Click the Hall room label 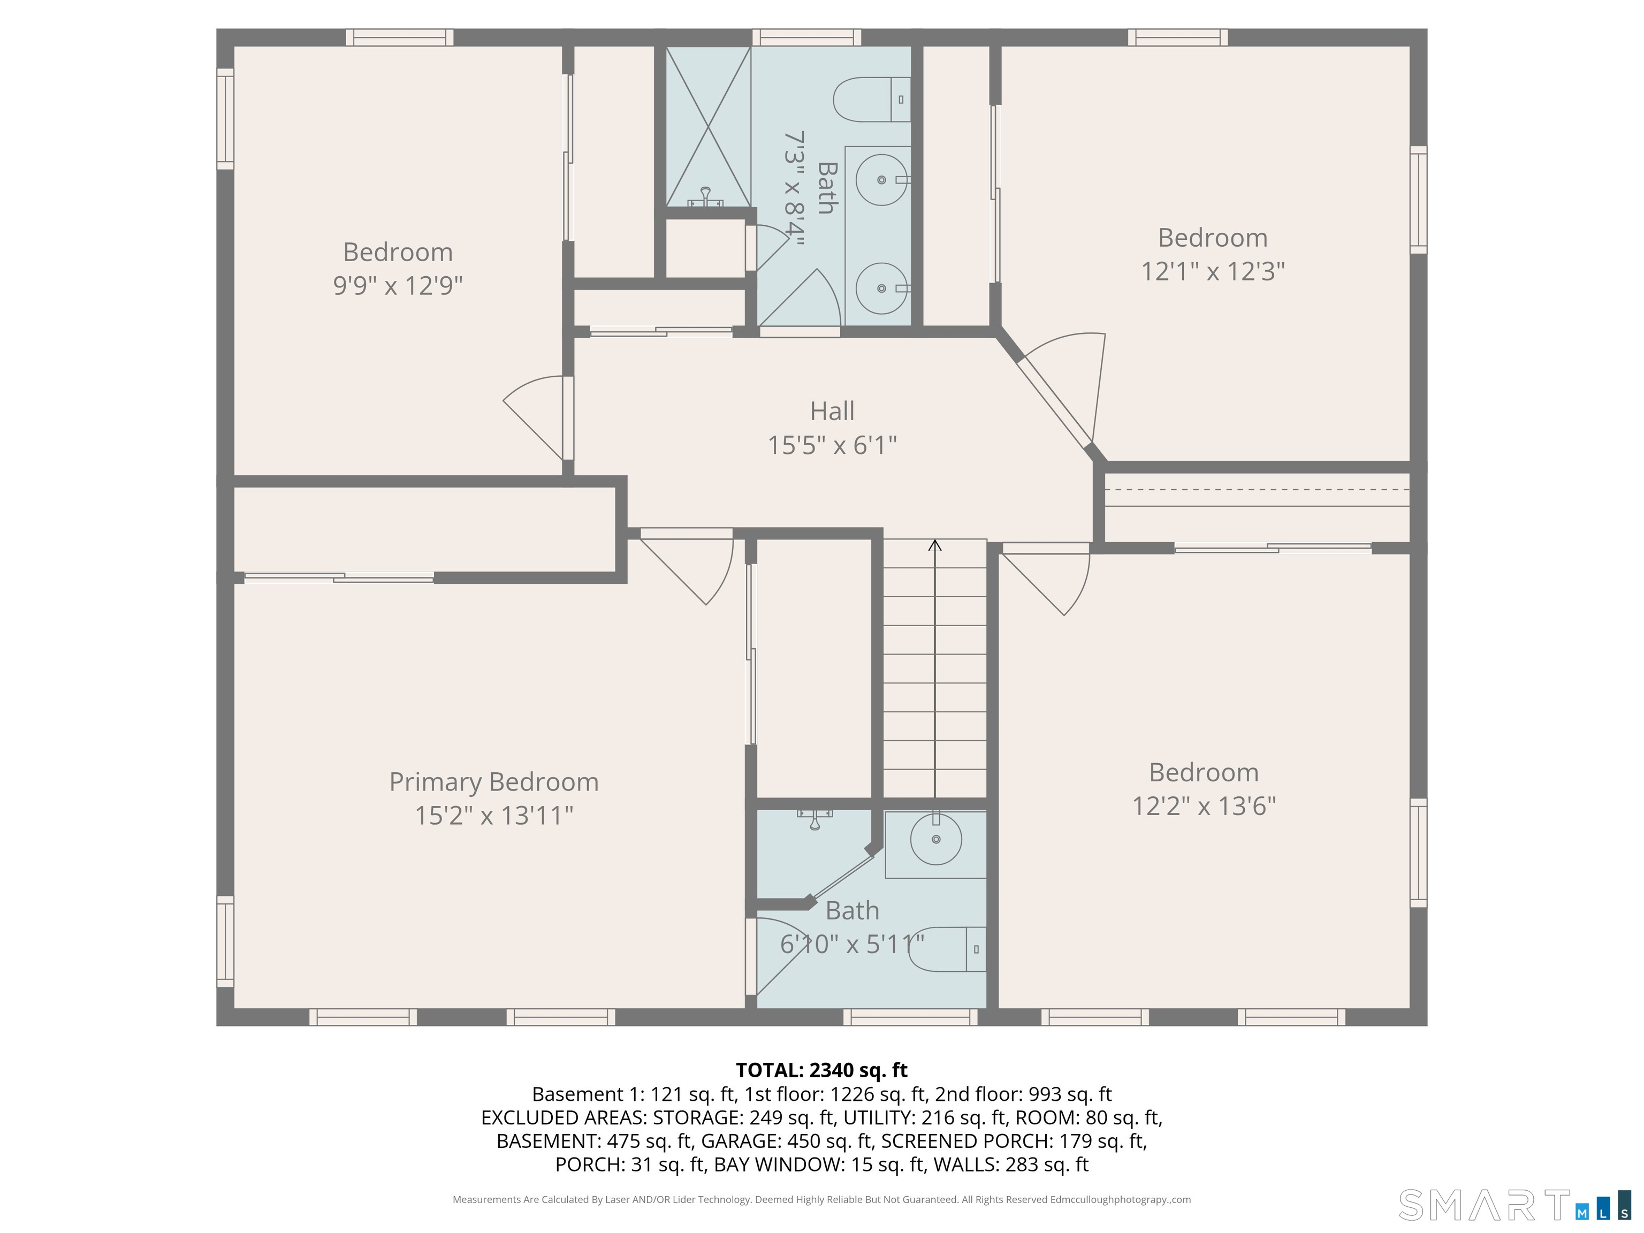point(832,411)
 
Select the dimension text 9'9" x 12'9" point(398,285)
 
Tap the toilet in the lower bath point(947,949)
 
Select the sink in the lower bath point(935,839)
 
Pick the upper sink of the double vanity point(882,180)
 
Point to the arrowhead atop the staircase point(935,545)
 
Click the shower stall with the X point(709,126)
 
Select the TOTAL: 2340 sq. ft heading point(821,1070)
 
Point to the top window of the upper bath point(806,37)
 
